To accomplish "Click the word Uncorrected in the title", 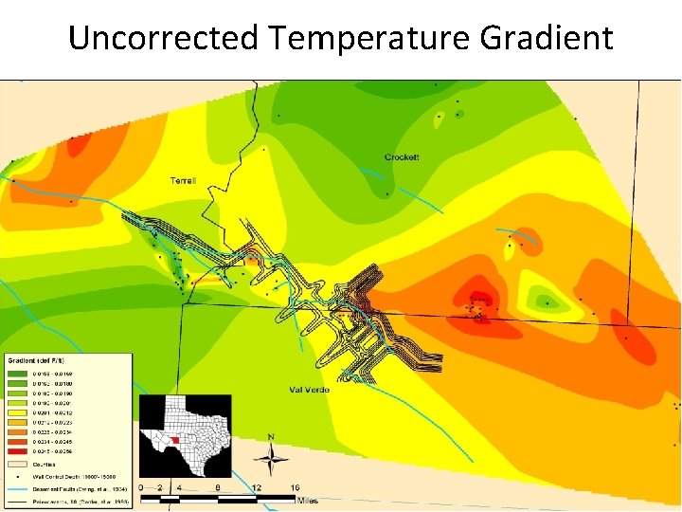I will pyautogui.click(x=164, y=38).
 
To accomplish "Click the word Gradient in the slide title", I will pyautogui.click(x=547, y=38).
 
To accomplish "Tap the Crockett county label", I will pyautogui.click(x=402, y=156).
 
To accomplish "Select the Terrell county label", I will pyautogui.click(x=183, y=180).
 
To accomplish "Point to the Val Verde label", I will pyautogui.click(x=309, y=390).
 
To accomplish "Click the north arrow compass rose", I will pyautogui.click(x=273, y=459).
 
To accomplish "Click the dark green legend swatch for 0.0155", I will pyautogui.click(x=18, y=375).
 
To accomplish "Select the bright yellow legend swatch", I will pyautogui.click(x=18, y=413).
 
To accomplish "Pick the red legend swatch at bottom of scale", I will pyautogui.click(x=18, y=451).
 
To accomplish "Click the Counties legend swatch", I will pyautogui.click(x=18, y=465).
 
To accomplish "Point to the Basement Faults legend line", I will pyautogui.click(x=18, y=488).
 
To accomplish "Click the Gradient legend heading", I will pyautogui.click(x=36, y=361).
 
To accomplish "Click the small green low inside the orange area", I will pyautogui.click(x=547, y=304).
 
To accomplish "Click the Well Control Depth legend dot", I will pyautogui.click(x=18, y=477).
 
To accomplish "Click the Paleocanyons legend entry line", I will pyautogui.click(x=18, y=501).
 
